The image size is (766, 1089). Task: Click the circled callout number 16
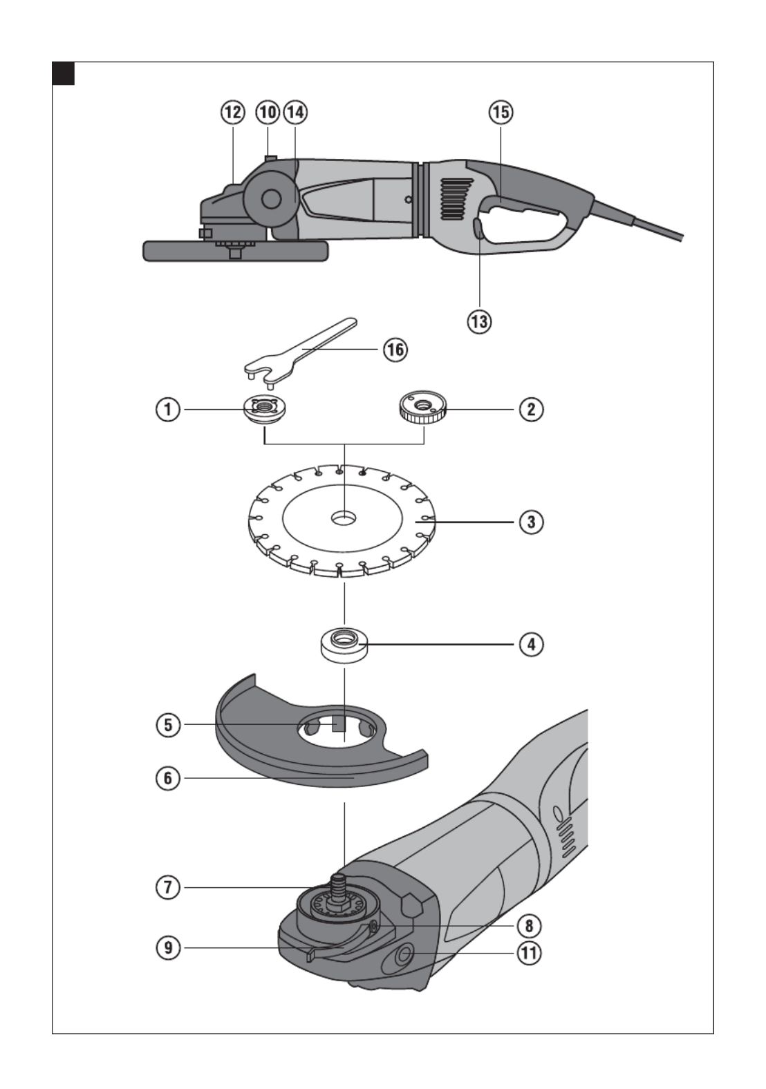pos(395,350)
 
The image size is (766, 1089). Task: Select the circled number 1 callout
pos(167,409)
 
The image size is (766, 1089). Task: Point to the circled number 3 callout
pos(531,522)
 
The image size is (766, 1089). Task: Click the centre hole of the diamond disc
pos(339,517)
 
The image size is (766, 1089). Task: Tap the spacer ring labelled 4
pos(344,646)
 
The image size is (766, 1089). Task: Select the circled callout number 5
pos(167,725)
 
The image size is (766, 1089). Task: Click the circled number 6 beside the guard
pos(167,778)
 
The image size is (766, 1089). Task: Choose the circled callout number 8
pos(530,926)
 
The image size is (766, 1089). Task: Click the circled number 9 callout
pos(167,947)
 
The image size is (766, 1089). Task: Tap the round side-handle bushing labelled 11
pos(403,954)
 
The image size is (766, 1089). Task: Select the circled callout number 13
pos(479,321)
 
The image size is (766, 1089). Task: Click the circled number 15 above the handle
pos(501,112)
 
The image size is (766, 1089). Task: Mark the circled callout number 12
pos(233,112)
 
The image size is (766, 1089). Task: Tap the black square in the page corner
pos(64,73)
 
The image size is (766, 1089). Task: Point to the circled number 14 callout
pos(295,112)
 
